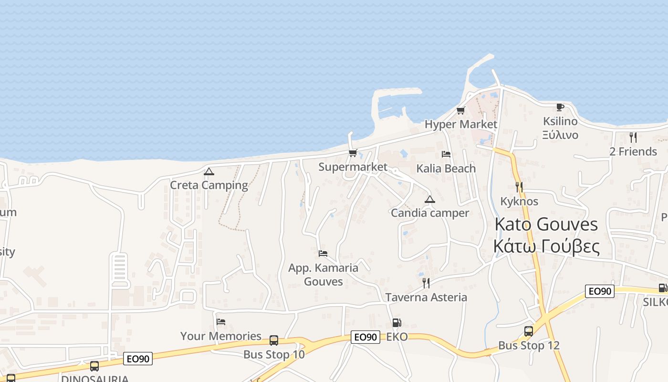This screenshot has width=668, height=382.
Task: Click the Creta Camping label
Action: pos(209,185)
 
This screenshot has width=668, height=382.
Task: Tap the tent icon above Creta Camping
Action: pos(209,171)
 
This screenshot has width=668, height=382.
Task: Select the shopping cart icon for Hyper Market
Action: pos(460,111)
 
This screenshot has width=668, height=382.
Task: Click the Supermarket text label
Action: pos(353,167)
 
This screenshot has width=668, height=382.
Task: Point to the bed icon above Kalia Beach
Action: pos(446,154)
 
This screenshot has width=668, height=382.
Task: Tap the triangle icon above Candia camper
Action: pos(429,199)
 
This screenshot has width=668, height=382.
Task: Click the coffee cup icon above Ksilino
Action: pos(560,107)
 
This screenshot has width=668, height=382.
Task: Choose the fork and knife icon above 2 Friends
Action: pos(633,138)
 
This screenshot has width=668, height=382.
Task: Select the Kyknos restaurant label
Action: pos(519,201)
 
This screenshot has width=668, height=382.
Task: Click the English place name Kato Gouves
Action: pos(546,224)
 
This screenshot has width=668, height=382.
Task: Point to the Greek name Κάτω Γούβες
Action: pos(546,246)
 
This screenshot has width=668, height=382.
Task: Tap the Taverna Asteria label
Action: pos(426,297)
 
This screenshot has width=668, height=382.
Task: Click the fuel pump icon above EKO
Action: pos(397,323)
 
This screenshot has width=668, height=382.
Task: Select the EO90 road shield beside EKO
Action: pos(366,337)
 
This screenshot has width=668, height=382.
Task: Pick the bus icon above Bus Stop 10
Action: pos(273,340)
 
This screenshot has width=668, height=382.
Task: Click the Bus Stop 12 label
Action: pos(529,345)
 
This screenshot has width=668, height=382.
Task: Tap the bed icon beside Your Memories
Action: pos(220,322)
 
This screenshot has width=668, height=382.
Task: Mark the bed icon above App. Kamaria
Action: pos(323,253)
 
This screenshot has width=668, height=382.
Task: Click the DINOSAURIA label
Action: pos(94,379)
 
